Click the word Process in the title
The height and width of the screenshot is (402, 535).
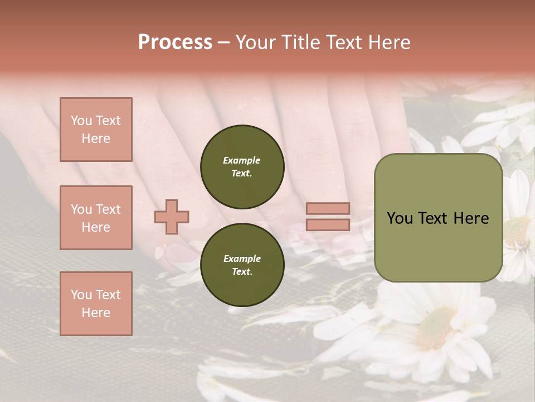175,42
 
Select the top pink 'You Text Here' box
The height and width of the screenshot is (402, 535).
96,130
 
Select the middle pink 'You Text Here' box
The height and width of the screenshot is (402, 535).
96,218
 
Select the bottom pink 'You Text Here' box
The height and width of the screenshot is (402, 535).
96,303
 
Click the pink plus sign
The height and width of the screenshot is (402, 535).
172,217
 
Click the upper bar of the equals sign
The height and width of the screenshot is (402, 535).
328,208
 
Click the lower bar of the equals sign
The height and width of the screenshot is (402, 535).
328,224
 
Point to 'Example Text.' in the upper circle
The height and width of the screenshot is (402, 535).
242,166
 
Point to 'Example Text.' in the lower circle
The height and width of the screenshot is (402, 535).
242,265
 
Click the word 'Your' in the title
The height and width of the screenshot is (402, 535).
256,42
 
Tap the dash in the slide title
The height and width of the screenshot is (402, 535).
224,42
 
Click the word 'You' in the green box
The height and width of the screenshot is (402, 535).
400,218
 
